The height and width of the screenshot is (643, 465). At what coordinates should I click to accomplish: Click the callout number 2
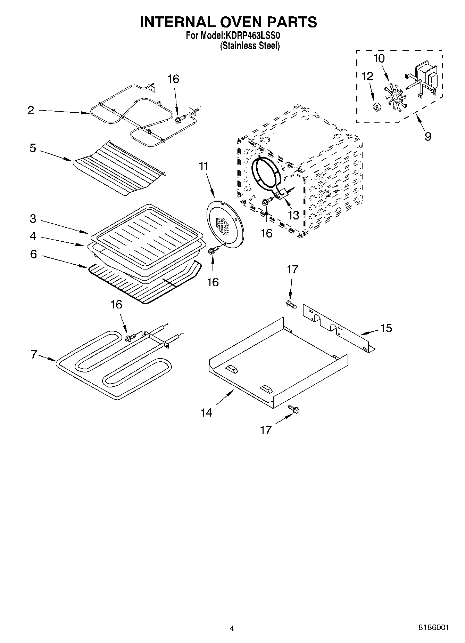pos(31,110)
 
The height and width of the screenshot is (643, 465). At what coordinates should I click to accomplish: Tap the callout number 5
pos(32,148)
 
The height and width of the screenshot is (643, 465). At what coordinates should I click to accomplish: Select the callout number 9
pos(428,136)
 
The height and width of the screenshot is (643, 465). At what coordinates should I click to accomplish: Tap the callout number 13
pos(293,215)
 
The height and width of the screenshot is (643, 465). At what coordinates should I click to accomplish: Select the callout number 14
pos(206,412)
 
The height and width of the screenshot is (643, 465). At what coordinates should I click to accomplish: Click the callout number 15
pos(386,328)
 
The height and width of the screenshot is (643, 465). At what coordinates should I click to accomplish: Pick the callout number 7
pos(33,355)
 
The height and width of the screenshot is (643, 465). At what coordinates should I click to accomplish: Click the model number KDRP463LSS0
pos(253,35)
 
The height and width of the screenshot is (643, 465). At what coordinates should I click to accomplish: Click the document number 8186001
pos(433,627)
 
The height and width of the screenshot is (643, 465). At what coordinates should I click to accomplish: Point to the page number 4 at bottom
pos(232,628)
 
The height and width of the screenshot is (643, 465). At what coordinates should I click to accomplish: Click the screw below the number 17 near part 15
pos(291,304)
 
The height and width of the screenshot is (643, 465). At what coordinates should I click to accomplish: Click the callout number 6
pos(33,254)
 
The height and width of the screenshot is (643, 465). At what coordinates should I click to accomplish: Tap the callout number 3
pos(33,219)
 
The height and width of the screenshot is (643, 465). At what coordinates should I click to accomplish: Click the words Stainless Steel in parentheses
pos(250,46)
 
